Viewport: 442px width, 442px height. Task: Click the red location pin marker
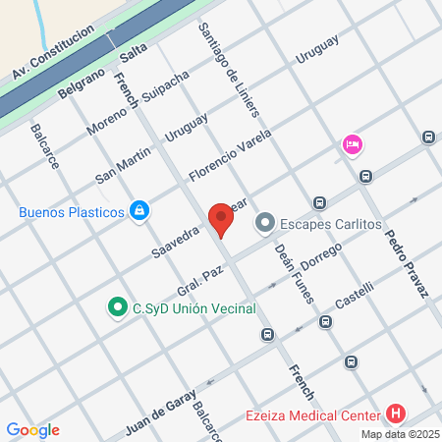(x=221, y=219)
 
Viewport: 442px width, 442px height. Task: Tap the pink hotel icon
(x=352, y=145)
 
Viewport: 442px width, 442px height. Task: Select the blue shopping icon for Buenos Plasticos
(x=140, y=210)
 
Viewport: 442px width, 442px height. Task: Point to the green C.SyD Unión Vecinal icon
(x=118, y=308)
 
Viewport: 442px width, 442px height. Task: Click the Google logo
(x=32, y=430)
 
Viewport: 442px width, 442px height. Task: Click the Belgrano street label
(x=80, y=81)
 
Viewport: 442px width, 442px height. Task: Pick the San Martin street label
(x=123, y=163)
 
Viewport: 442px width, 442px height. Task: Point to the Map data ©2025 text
(x=400, y=434)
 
